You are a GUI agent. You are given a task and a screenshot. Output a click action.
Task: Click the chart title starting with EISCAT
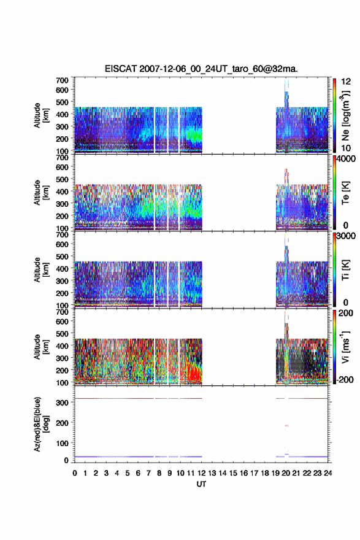[x=201, y=69]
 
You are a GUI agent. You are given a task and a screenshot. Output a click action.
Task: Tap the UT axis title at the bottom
[x=201, y=484]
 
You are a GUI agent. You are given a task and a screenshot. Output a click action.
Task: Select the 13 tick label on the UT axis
[x=212, y=473]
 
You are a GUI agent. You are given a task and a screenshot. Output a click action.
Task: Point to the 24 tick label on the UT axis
[x=328, y=473]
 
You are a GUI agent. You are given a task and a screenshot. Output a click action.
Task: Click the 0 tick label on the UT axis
[x=75, y=473]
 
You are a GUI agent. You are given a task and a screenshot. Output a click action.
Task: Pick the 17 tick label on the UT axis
[x=255, y=473]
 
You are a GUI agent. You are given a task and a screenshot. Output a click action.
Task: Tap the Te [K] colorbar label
[x=345, y=193]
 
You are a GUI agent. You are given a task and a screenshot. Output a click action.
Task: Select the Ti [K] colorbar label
[x=345, y=270]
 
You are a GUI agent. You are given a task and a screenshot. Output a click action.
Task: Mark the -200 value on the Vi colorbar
[x=343, y=379]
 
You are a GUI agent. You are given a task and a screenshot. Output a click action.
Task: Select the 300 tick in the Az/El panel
[x=62, y=403]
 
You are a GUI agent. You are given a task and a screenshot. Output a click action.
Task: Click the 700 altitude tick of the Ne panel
[x=62, y=80]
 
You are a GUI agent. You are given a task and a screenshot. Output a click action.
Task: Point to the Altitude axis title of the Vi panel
[x=40, y=347]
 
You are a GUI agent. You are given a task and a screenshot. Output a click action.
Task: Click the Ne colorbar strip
[x=334, y=116]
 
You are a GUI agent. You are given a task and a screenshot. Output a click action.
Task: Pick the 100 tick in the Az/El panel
[x=62, y=443]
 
